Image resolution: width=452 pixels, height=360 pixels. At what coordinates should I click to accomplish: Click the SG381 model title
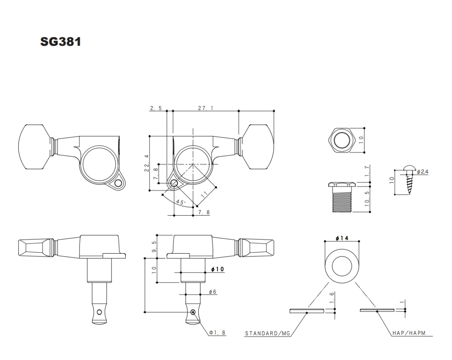(61, 42)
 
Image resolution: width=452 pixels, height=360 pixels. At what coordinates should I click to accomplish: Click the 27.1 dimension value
(206, 108)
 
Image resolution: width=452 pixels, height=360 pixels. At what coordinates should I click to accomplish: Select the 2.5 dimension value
(156, 108)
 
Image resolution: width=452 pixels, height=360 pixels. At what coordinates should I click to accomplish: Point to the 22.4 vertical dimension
(147, 163)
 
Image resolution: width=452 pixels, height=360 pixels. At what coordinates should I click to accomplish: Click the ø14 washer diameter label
(342, 238)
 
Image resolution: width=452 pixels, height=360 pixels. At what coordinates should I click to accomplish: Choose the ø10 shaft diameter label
(218, 269)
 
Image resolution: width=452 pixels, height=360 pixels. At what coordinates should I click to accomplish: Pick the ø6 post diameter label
(212, 291)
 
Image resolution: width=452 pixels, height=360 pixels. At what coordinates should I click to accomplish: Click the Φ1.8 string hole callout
(217, 332)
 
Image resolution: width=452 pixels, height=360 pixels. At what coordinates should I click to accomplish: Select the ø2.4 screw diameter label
(423, 172)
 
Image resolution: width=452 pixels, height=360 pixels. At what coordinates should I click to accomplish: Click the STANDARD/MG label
(268, 333)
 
